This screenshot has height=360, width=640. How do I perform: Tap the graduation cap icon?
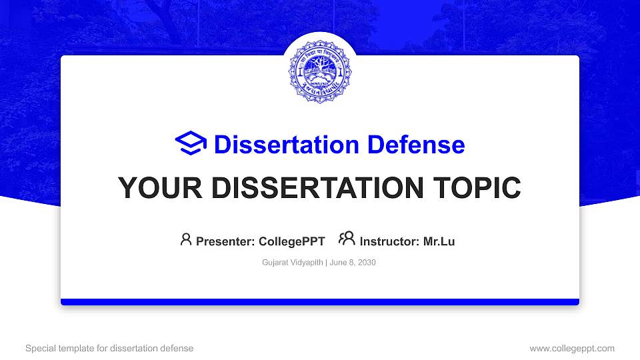click(191, 144)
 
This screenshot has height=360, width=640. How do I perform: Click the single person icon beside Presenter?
click(186, 239)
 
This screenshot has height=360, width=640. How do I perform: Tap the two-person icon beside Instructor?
click(347, 239)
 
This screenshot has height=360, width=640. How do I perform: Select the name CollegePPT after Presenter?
click(292, 241)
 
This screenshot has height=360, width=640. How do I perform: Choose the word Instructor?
click(389, 241)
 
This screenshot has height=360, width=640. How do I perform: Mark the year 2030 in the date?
click(366, 263)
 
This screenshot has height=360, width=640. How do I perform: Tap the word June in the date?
click(338, 263)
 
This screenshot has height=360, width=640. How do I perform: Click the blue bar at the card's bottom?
click(320, 302)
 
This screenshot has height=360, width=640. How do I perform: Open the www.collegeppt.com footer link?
click(572, 348)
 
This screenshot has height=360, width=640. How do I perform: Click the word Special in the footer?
click(41, 348)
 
